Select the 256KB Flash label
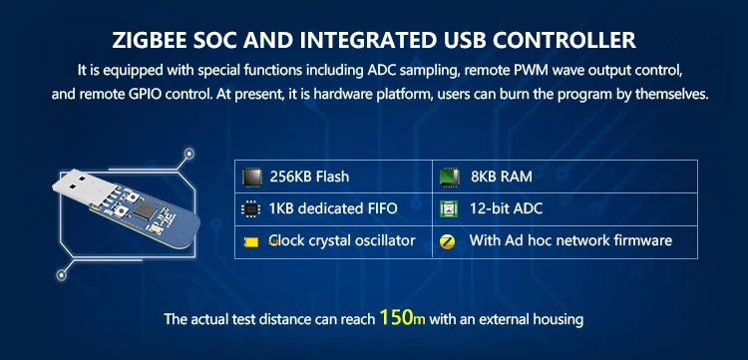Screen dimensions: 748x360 309,177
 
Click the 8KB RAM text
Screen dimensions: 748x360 501,177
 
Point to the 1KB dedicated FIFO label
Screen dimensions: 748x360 333,208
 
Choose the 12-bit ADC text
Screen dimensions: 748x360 506,208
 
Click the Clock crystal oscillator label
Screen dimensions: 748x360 342,240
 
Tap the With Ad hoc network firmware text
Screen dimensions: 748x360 570,240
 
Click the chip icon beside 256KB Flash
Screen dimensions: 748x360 252,177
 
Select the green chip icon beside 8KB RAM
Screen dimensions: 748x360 449,177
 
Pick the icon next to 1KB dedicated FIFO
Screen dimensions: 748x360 251,208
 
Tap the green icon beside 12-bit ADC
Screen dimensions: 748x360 449,208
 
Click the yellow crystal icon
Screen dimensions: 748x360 251,242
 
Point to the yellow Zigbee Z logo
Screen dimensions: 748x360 448,241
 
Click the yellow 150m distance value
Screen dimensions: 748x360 402,317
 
